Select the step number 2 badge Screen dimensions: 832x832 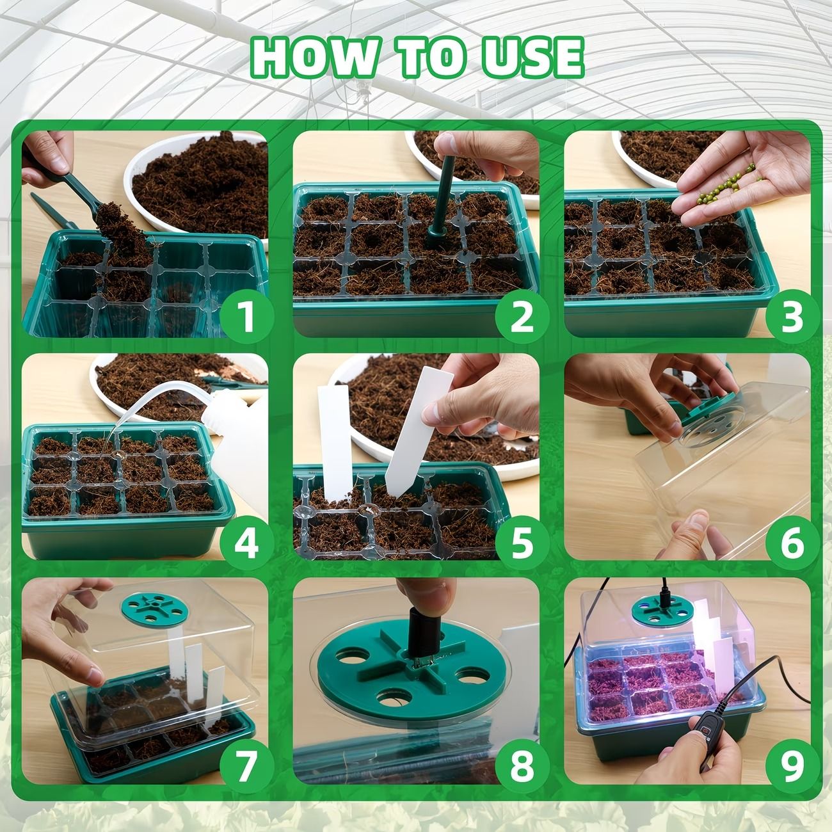pyautogui.click(x=522, y=316)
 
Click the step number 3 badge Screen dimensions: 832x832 pyautogui.click(x=792, y=316)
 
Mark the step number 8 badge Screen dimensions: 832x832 pyautogui.click(x=522, y=765)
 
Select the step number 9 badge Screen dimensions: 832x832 pyautogui.click(x=792, y=765)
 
